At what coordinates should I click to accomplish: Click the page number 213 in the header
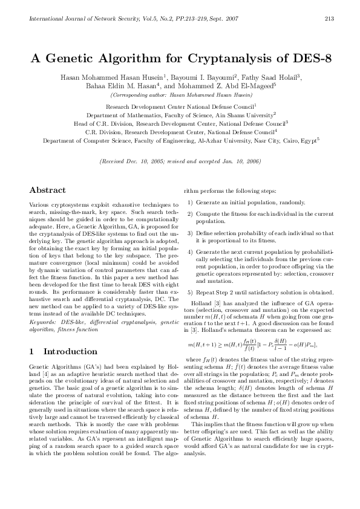point(330,18)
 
